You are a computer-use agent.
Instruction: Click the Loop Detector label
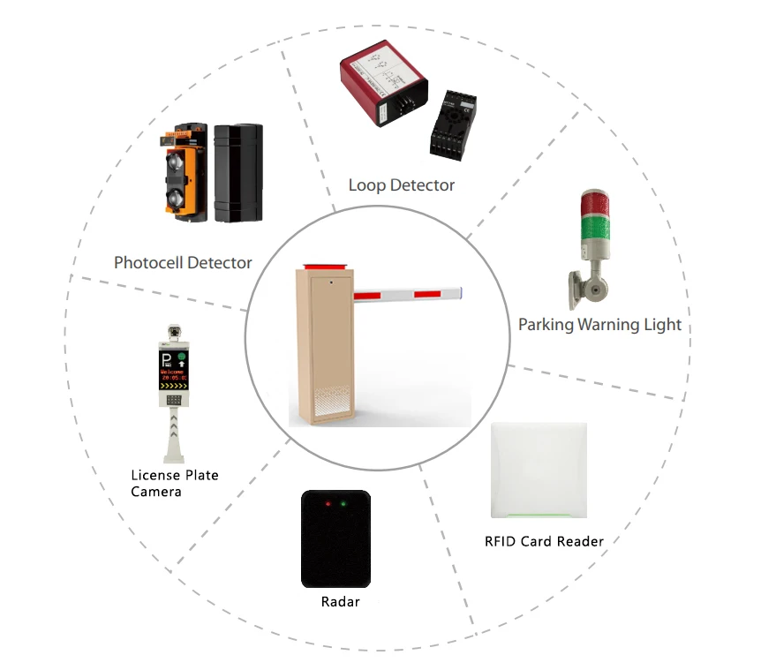point(401,185)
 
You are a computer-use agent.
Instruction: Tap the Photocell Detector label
point(183,262)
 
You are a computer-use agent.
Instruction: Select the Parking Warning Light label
point(599,324)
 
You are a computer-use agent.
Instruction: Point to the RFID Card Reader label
point(544,540)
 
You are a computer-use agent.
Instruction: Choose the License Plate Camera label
point(174,483)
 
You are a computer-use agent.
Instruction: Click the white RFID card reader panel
point(539,471)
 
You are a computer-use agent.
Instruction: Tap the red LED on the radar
point(327,504)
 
